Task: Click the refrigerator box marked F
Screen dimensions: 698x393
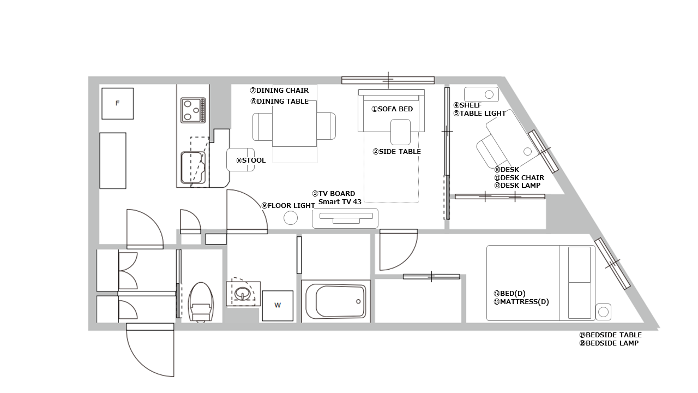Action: point(117,104)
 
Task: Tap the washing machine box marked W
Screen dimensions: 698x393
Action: point(278,306)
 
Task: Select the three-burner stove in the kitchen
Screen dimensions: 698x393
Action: point(193,110)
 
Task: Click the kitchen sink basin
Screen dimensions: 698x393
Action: point(193,168)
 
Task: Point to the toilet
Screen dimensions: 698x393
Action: point(201,302)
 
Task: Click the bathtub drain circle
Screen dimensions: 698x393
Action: point(358,302)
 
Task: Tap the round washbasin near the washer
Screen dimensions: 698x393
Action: point(243,293)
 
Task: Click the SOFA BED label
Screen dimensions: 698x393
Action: point(392,109)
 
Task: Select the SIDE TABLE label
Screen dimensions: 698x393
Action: point(396,152)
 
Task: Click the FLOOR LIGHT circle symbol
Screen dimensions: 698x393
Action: point(291,218)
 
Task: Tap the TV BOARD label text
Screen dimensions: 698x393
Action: point(333,193)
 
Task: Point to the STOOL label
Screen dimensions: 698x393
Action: point(251,160)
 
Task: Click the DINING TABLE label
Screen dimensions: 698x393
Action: point(280,102)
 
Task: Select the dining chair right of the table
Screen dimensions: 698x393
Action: point(326,126)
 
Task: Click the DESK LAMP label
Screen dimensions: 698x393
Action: point(518,185)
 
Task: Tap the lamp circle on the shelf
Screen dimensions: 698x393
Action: point(489,94)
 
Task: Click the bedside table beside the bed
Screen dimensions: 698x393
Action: point(603,312)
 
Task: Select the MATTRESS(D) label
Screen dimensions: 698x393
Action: point(521,302)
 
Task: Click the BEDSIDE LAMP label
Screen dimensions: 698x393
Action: point(609,343)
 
